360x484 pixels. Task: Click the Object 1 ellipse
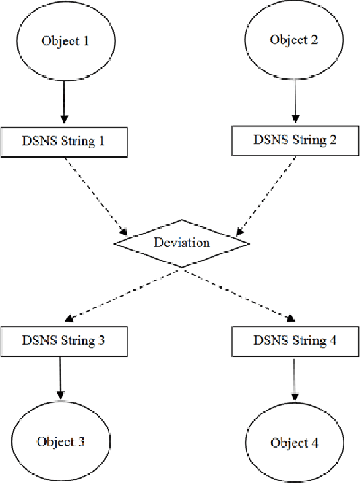tap(65, 40)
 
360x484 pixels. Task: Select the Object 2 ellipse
tap(294, 39)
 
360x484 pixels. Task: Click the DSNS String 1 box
tap(64, 142)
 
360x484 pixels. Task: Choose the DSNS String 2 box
tap(294, 140)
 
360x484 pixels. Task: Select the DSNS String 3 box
tap(64, 340)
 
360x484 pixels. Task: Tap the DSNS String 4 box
tap(294, 340)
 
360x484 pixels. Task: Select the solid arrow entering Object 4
tap(294, 379)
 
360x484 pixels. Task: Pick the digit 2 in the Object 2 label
tap(314, 39)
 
